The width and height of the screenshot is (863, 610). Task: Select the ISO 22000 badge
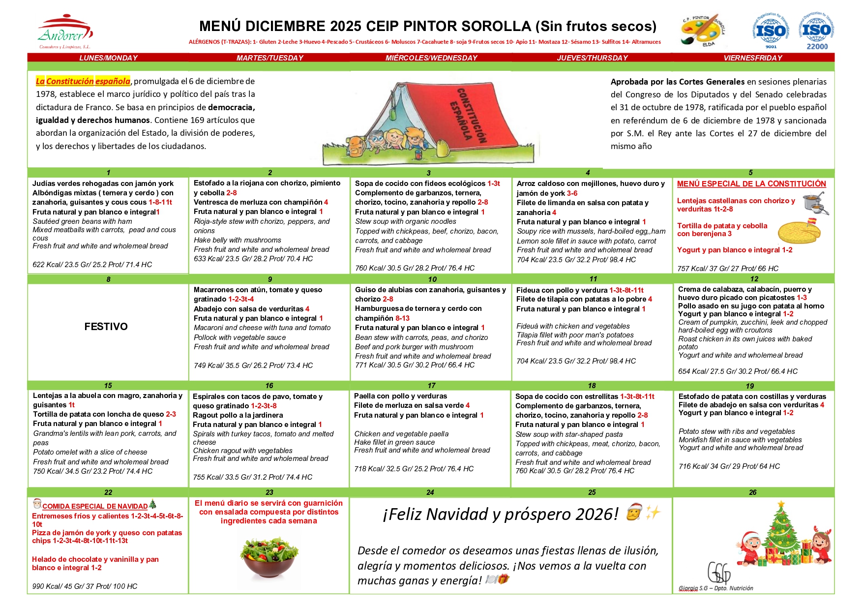pos(816,31)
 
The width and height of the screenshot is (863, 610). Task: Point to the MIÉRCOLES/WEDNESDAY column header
pos(431,58)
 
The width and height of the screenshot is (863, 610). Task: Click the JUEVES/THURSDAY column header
pos(592,58)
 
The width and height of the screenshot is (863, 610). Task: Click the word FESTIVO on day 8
pos(106,327)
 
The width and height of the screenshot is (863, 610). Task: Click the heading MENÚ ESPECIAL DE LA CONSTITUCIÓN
pos(751,184)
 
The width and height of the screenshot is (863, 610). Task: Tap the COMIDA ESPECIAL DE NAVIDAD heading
pos(95,506)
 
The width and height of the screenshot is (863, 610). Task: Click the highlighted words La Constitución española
pos(83,81)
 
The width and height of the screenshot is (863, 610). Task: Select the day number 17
pos(431,386)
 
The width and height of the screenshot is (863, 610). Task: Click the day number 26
pos(752,492)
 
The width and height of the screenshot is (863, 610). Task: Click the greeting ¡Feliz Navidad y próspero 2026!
pos(500,514)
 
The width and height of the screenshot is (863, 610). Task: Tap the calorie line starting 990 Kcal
pos(85,586)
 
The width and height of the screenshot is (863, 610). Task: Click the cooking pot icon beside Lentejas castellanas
pos(814,203)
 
